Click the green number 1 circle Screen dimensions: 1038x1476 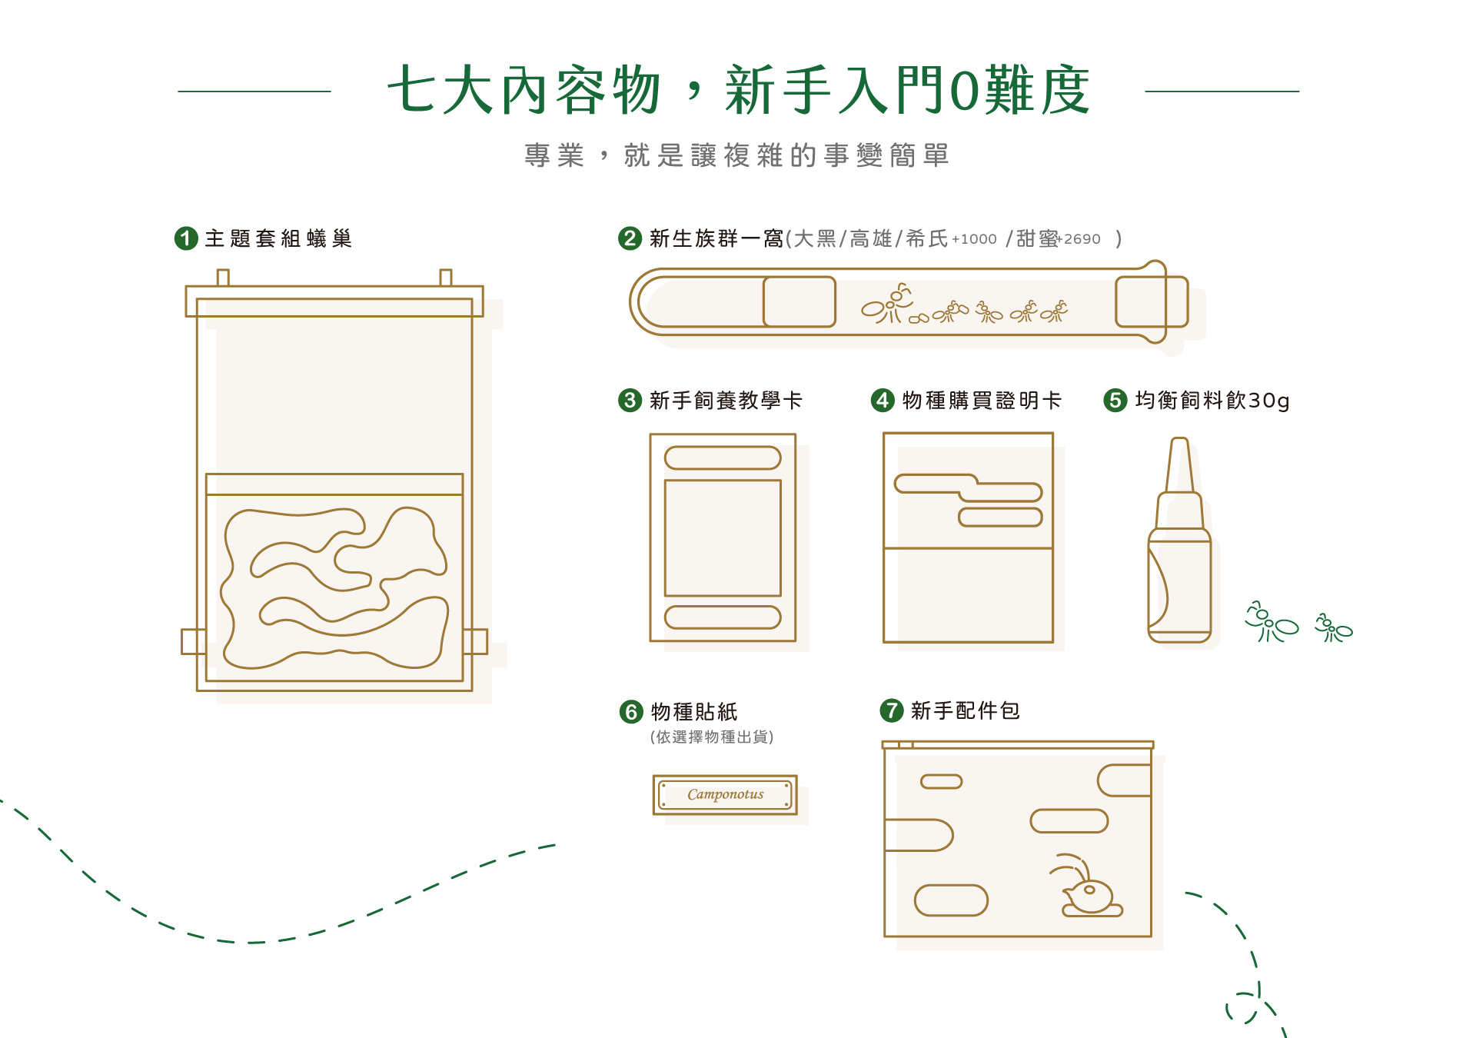(x=186, y=238)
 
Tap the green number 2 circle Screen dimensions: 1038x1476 (x=630, y=238)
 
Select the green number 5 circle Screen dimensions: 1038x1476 (x=1115, y=400)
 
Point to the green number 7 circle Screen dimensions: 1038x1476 (x=891, y=710)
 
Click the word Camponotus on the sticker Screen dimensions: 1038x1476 (x=725, y=794)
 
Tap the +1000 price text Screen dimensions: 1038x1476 (x=974, y=239)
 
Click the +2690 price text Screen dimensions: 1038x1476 (x=1081, y=239)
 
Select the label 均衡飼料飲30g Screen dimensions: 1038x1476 (x=1212, y=400)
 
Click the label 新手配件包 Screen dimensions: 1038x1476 (x=965, y=710)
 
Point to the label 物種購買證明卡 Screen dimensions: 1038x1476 (x=982, y=400)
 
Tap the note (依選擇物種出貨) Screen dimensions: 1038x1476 (x=712, y=737)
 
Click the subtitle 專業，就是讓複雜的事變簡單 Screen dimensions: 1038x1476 (x=736, y=155)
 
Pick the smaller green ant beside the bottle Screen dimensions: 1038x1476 (x=1333, y=628)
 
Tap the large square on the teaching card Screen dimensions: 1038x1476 (x=723, y=537)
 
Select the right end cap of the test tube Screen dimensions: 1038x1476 (x=1151, y=301)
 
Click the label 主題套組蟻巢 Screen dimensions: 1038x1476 (x=278, y=238)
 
